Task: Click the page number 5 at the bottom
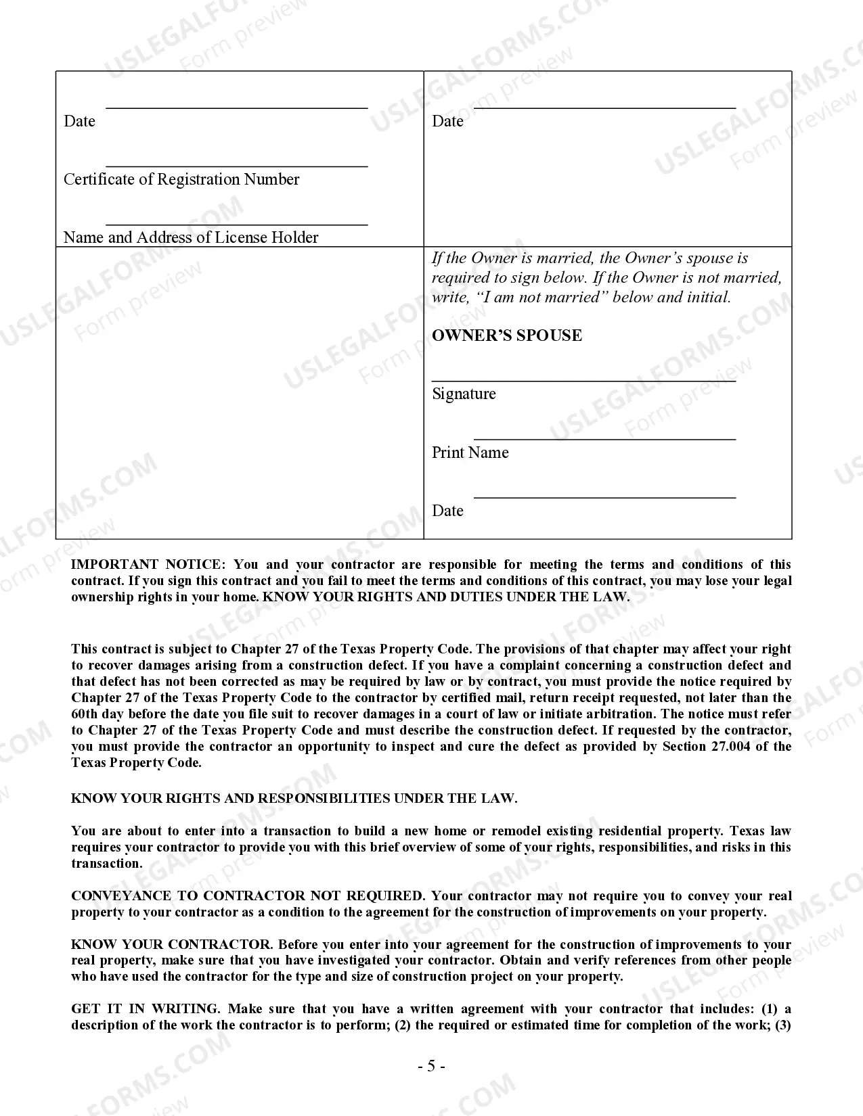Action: (x=431, y=1067)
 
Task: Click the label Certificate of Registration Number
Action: (x=181, y=179)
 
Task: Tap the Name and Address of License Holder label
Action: (x=191, y=237)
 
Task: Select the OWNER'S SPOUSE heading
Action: (x=507, y=335)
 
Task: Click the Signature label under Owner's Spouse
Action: (x=464, y=394)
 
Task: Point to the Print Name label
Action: (x=470, y=452)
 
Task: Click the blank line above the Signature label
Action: (x=583, y=381)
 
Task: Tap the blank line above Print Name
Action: (x=604, y=439)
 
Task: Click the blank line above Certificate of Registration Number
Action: (x=237, y=166)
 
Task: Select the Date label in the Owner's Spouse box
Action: (x=447, y=511)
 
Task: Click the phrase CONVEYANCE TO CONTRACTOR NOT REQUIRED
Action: (x=248, y=896)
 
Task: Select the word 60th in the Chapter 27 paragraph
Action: (x=85, y=714)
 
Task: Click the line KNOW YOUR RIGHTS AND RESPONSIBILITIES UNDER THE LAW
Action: (x=294, y=798)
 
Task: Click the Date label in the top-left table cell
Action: (x=79, y=121)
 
